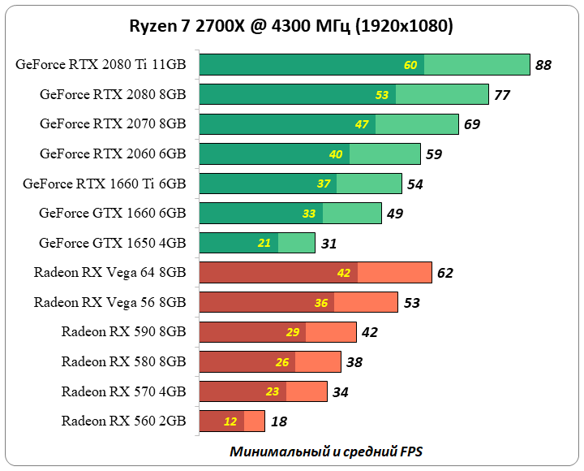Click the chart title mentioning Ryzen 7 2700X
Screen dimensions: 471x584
pos(291,26)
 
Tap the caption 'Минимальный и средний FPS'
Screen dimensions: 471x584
pos(326,451)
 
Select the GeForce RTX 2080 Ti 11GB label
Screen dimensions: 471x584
pos(101,65)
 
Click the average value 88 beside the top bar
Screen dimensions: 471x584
pos(543,65)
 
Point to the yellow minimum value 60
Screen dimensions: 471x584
pos(410,65)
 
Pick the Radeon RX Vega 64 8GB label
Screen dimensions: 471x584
pos(109,272)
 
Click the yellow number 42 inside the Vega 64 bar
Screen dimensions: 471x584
pos(343,273)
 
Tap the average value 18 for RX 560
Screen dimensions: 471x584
pos(278,421)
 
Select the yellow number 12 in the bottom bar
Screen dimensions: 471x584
pos(230,421)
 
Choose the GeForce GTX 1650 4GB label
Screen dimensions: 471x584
pos(112,243)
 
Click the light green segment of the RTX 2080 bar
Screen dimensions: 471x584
pos(442,94)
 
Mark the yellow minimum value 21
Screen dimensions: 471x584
pos(264,243)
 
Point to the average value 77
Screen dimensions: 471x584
pos(502,95)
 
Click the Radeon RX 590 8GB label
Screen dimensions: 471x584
pos(123,331)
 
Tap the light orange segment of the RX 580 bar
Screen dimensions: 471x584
pos(324,361)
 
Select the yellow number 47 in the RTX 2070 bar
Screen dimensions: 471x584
pos(362,124)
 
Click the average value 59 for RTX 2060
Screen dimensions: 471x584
pos(434,154)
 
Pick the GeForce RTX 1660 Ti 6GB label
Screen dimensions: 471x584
pos(105,184)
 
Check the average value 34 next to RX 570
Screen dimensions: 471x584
pos(341,391)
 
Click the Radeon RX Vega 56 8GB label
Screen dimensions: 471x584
pos(109,302)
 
